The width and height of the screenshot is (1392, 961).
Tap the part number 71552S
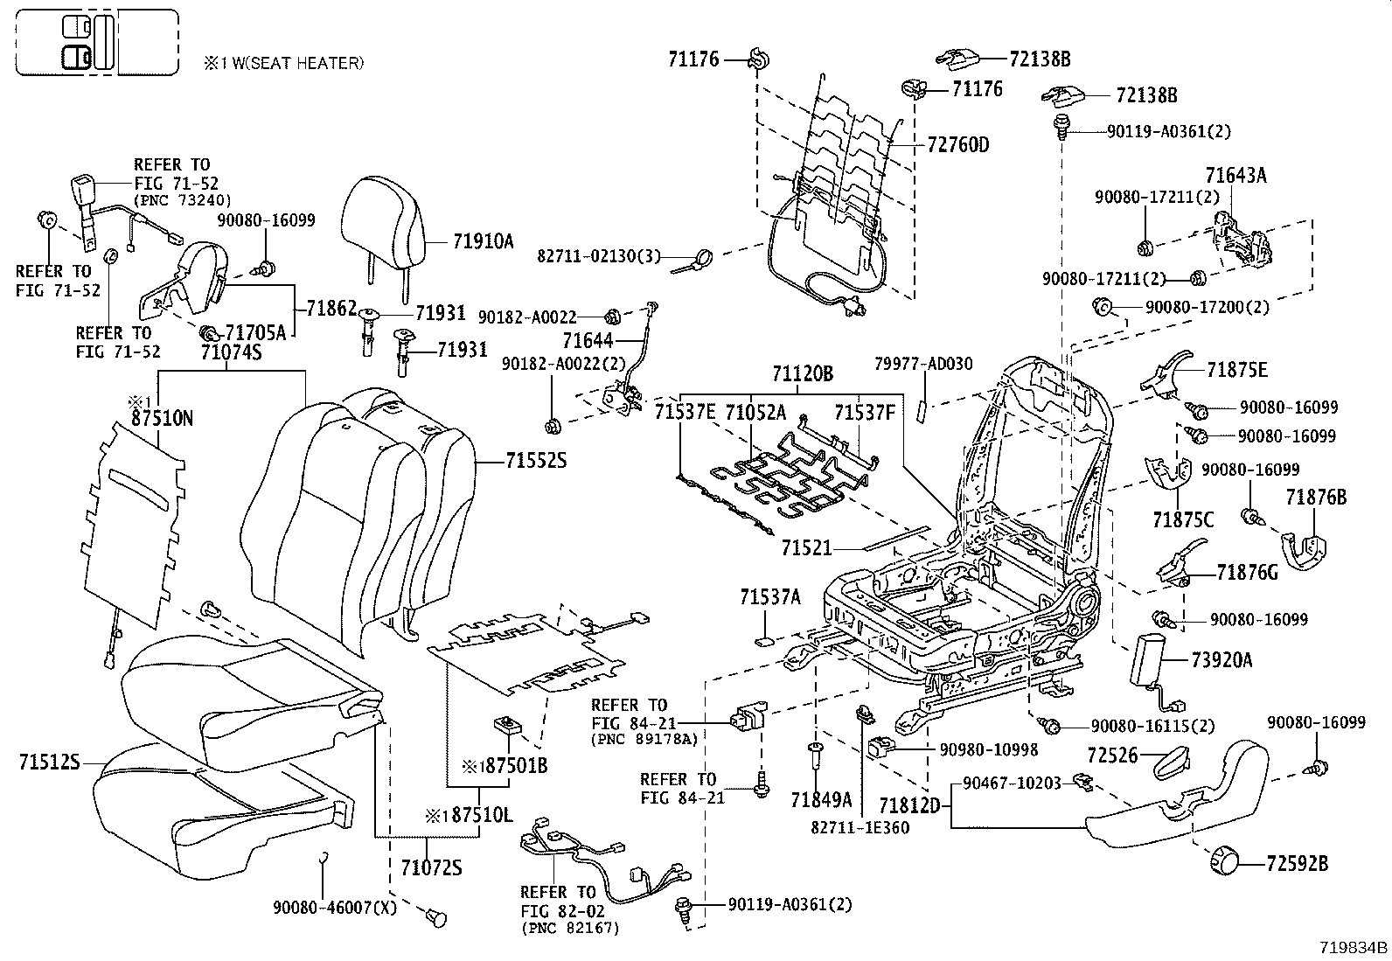pyautogui.click(x=536, y=461)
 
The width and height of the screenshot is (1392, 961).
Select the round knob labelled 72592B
pyautogui.click(x=1223, y=861)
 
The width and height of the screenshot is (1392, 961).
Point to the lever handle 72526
pyautogui.click(x=1172, y=763)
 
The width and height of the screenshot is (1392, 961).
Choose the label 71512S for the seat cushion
pyautogui.click(x=50, y=763)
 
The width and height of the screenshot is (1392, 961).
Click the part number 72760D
pyautogui.click(x=958, y=145)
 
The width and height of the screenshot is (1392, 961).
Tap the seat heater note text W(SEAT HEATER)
pyautogui.click(x=297, y=64)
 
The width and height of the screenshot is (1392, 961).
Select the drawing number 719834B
pyautogui.click(x=1353, y=947)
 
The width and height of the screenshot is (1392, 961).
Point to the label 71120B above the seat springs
pyautogui.click(x=803, y=374)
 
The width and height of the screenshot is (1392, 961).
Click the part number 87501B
pyautogui.click(x=516, y=766)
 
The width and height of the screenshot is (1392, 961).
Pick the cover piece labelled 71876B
pyautogui.click(x=1305, y=549)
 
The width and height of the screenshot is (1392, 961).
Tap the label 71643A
pyautogui.click(x=1236, y=176)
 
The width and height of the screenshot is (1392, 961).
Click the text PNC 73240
pyautogui.click(x=183, y=200)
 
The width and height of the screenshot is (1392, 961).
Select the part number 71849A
pyautogui.click(x=821, y=800)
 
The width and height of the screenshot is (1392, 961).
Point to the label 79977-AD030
pyautogui.click(x=923, y=365)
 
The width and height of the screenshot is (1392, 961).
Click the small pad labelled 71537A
pyautogui.click(x=764, y=641)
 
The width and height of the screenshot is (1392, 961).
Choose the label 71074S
pyautogui.click(x=231, y=352)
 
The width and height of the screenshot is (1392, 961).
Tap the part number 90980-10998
pyautogui.click(x=989, y=750)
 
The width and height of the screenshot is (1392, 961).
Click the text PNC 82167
pyautogui.click(x=570, y=929)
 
